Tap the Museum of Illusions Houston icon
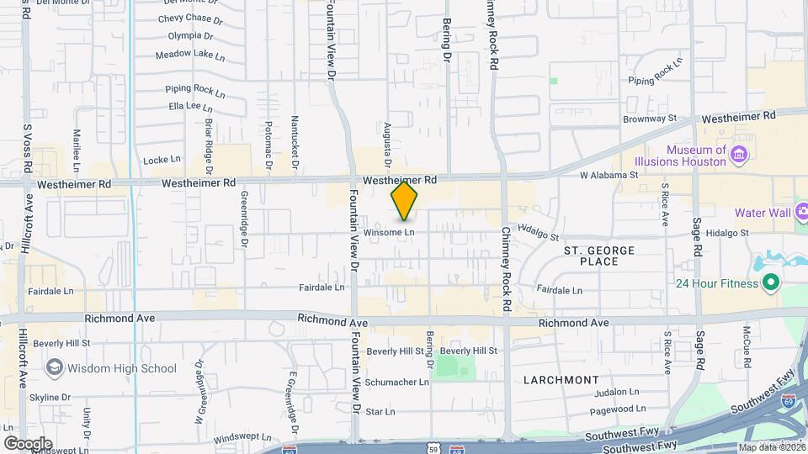739,154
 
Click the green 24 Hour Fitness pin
769,283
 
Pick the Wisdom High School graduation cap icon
55,367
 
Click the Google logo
28,443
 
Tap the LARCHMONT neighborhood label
561,380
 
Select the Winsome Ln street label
390,232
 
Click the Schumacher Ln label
397,382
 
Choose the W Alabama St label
609,176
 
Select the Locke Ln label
162,159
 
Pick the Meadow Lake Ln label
190,56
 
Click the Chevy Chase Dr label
189,18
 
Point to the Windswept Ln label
242,438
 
